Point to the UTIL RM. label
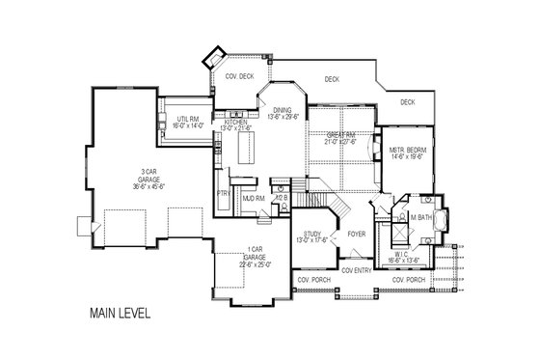(x=187, y=119)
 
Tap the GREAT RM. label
(x=340, y=135)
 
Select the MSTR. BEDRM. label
(x=406, y=152)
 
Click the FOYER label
(x=356, y=233)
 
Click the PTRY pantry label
(x=222, y=193)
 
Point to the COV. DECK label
(x=239, y=75)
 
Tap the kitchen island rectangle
(x=244, y=151)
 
